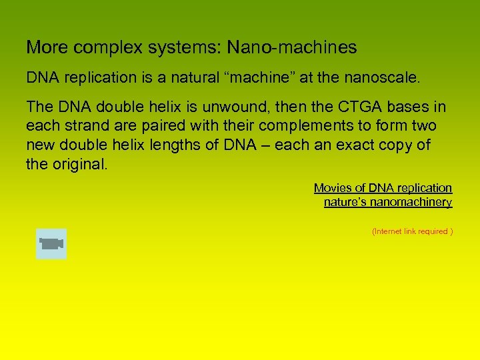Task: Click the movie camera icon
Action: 51,243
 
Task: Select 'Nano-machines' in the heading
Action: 291,48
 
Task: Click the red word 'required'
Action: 433,231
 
